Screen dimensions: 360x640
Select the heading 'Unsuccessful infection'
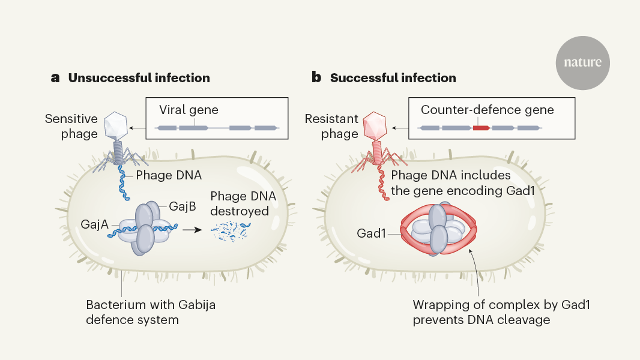click(139, 78)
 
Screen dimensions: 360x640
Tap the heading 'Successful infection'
click(393, 78)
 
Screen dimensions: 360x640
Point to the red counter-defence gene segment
click(482, 128)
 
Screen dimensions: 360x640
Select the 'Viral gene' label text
click(189, 110)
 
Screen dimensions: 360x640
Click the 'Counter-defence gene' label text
click(487, 110)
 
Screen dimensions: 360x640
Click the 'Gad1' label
click(370, 233)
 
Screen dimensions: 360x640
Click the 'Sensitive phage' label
click(71, 126)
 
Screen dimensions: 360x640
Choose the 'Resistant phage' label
click(331, 126)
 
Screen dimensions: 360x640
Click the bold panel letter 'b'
click(316, 78)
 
